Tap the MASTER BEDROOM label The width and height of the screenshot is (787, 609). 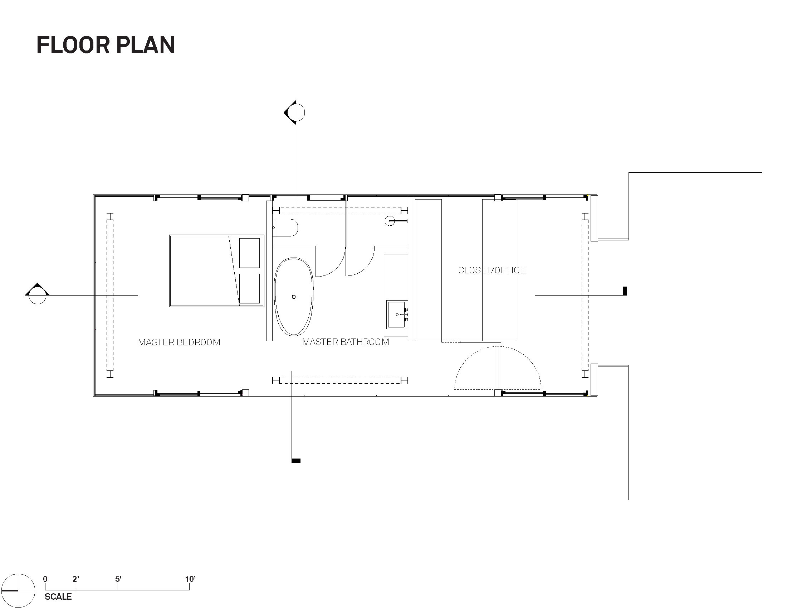179,342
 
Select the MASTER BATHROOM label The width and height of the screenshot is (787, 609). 346,342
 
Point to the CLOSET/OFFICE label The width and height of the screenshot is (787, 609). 492,270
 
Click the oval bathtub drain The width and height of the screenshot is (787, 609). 294,297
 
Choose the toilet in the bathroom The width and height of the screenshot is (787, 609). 285,227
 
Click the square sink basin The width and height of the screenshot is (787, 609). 397,315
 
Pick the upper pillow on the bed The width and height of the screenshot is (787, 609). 249,253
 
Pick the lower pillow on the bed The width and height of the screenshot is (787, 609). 249,288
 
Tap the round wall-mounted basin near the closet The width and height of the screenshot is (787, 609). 390,220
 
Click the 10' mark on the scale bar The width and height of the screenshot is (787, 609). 190,579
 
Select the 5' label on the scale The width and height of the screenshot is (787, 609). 118,579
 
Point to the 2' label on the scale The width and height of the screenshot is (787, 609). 76,579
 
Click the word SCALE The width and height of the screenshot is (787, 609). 58,597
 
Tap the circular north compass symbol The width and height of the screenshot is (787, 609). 18,591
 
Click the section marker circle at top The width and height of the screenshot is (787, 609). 296,112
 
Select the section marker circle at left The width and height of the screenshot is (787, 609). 38,295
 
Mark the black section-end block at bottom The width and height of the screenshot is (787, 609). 296,460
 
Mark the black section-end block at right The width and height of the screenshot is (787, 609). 625,291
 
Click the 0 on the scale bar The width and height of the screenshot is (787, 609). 45,579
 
